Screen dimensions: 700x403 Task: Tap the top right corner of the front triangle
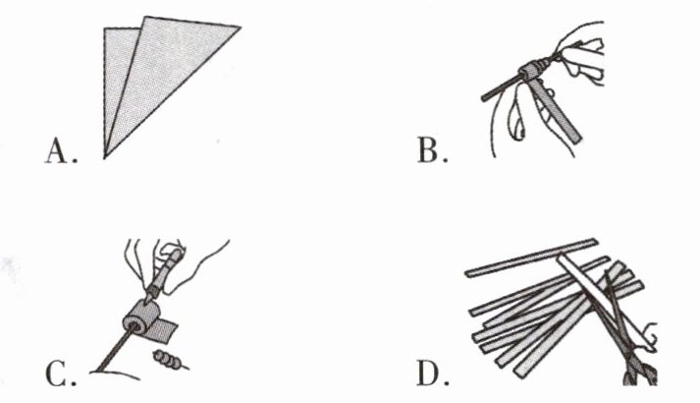click(x=239, y=29)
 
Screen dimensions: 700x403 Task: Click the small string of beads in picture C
click(x=170, y=363)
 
